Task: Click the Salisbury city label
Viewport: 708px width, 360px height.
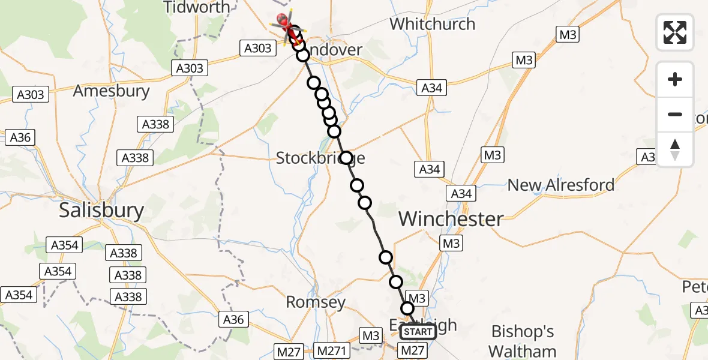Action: [x=101, y=211]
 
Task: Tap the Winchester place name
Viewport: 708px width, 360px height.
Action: [x=451, y=218]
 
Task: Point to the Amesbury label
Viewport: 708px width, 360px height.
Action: [x=111, y=91]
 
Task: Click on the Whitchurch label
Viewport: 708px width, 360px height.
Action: [x=432, y=24]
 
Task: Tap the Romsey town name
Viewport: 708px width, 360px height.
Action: [x=316, y=302]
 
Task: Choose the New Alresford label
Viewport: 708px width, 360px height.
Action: [x=561, y=185]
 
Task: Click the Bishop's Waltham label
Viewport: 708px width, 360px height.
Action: [x=522, y=341]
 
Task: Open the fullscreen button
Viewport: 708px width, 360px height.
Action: [x=675, y=32]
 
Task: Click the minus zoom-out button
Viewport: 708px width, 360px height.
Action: [x=675, y=114]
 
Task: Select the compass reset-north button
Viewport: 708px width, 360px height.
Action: [x=675, y=149]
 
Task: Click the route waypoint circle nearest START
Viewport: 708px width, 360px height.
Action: [x=407, y=308]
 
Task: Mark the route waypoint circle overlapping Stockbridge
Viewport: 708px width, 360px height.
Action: [x=346, y=158]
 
